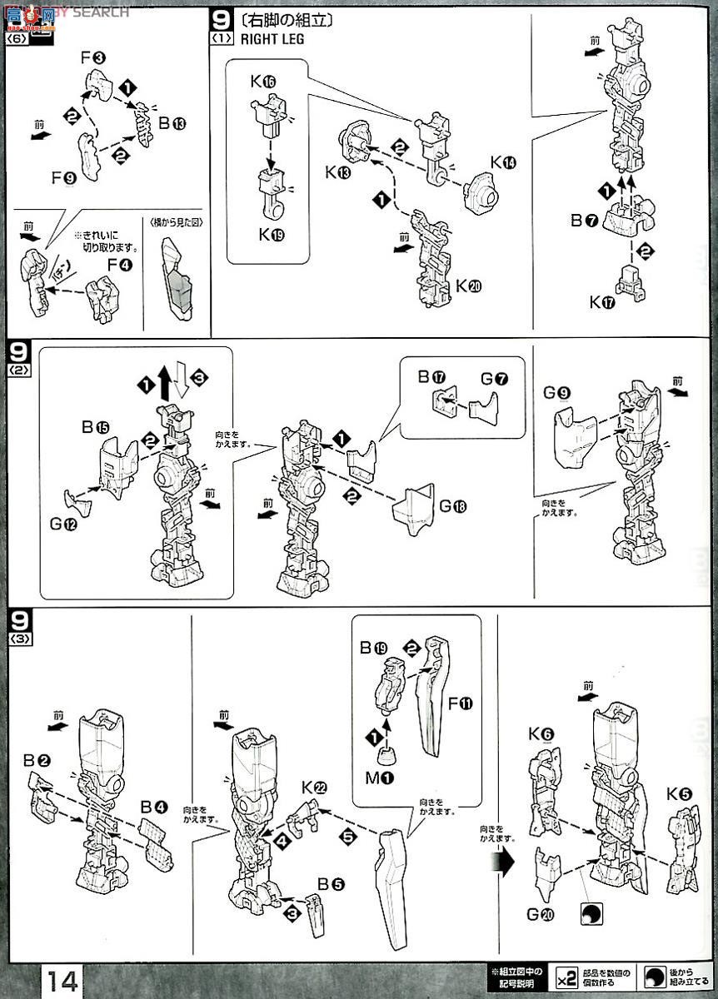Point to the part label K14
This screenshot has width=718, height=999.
(x=503, y=162)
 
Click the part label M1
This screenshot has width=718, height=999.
(x=381, y=778)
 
